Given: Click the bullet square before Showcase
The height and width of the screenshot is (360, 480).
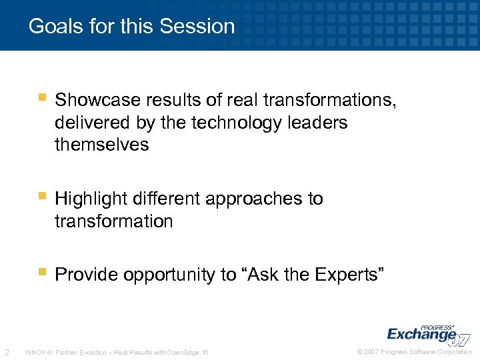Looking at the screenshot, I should click(x=42, y=99).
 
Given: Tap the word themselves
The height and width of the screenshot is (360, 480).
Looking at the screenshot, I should click(x=101, y=145).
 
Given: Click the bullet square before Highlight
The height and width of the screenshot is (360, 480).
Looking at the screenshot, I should click(x=42, y=197).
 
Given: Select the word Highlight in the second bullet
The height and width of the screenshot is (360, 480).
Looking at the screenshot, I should click(x=92, y=199).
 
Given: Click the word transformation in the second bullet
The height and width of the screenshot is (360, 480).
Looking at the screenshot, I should click(x=113, y=221).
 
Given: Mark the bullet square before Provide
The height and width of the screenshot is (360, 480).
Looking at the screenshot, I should click(x=42, y=273).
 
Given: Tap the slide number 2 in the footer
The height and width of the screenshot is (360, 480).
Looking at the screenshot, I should click(x=6, y=352).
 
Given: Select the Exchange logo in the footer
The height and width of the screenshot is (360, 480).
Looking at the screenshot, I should click(x=423, y=333).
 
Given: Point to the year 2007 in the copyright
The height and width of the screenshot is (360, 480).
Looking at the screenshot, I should click(x=371, y=352).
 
